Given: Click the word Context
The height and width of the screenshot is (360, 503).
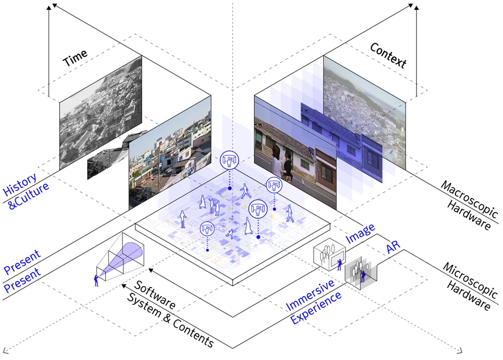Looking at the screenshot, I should click(388, 55).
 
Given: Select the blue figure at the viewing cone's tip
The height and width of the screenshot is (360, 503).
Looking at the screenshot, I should click(96, 280).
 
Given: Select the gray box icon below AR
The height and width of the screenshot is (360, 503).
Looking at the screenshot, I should click(360, 272).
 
